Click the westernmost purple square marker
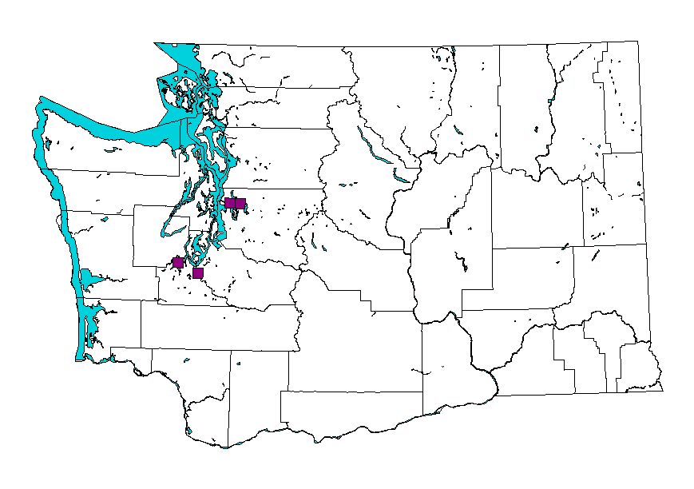[178, 262]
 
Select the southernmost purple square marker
[198, 273]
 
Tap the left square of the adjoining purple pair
[230, 203]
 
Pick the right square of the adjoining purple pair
[240, 203]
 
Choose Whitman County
[615, 280]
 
